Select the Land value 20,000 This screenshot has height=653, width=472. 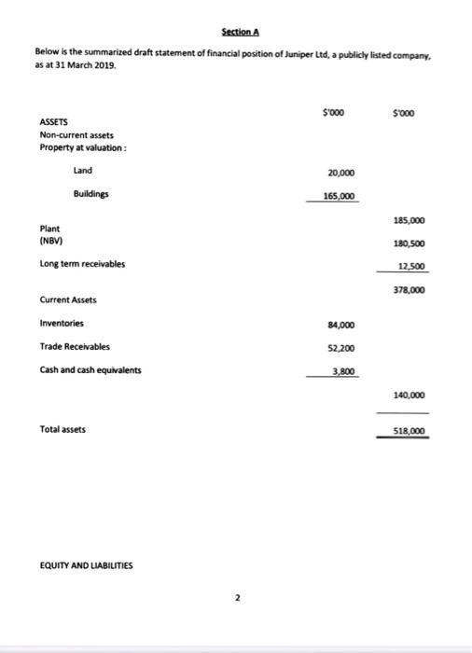340,173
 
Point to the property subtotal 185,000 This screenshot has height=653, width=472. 410,221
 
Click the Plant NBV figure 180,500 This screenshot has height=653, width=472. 410,243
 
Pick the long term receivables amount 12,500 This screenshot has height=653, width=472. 411,266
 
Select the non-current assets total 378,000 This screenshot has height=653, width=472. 410,290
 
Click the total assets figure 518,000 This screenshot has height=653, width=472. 410,431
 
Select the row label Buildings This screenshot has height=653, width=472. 91,194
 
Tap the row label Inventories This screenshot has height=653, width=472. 62,324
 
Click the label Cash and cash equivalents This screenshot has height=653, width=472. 90,369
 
